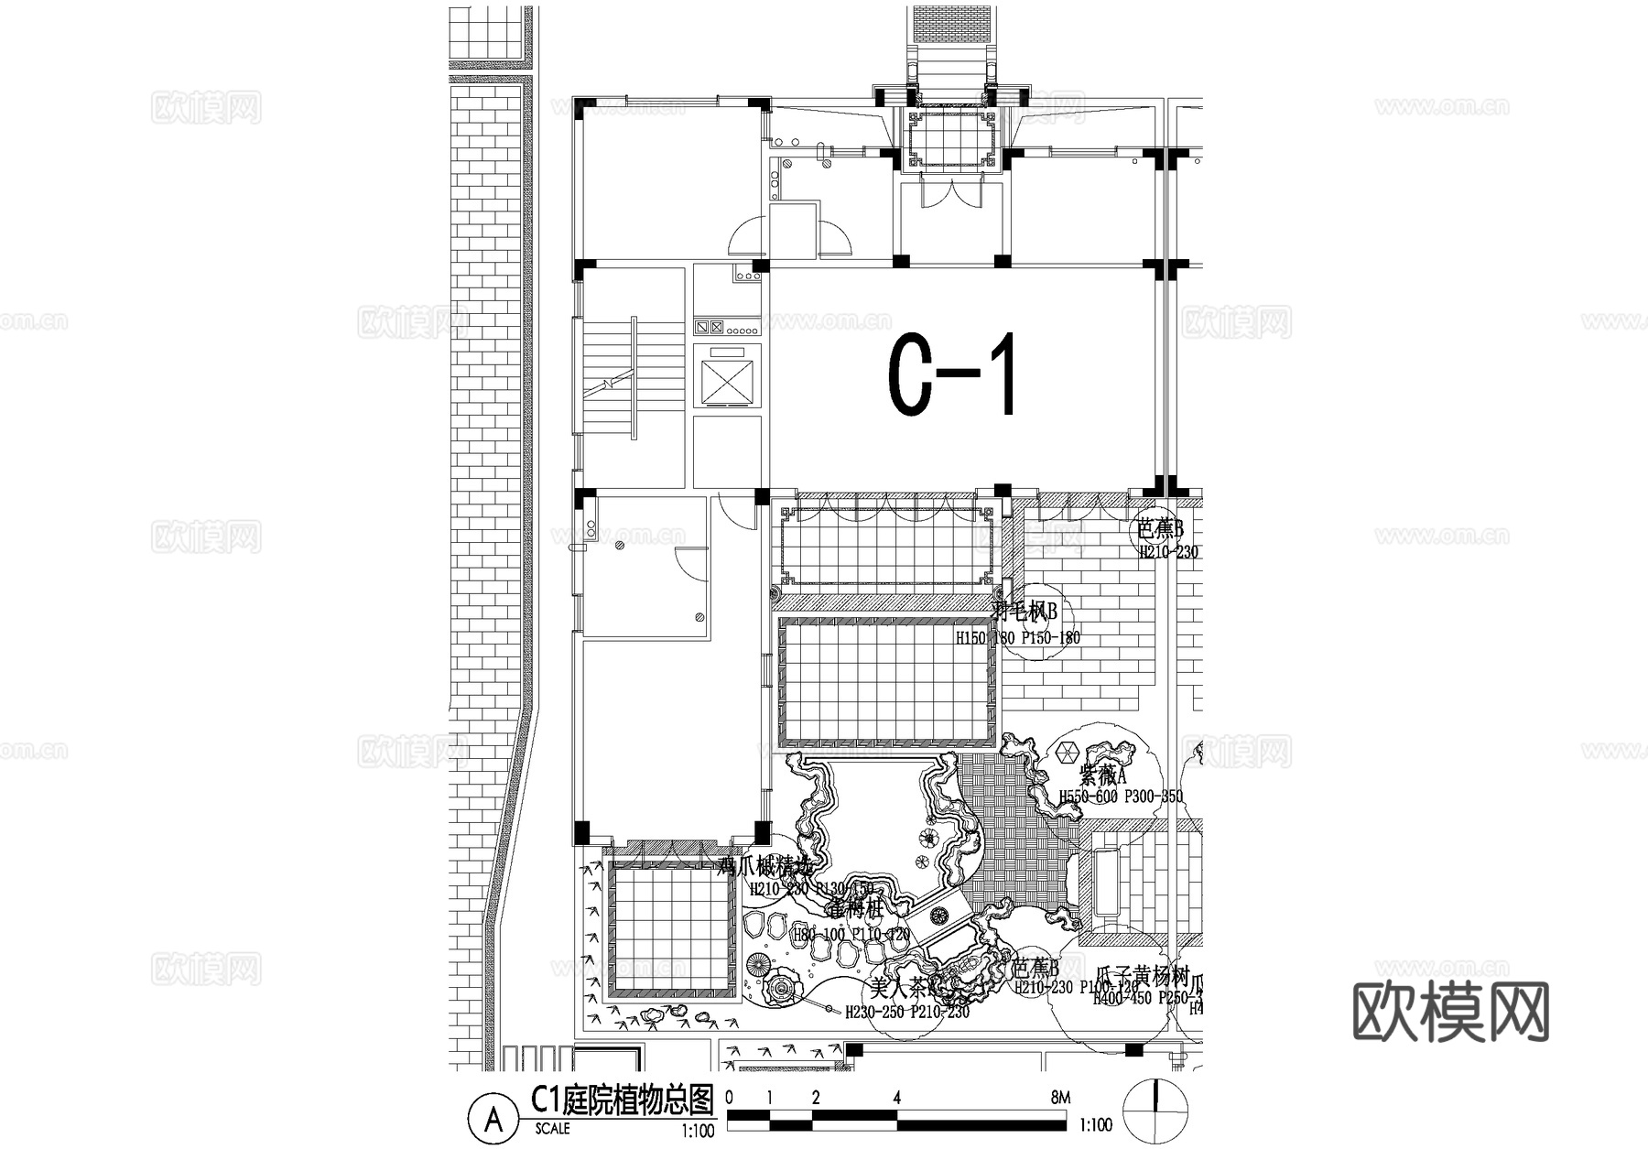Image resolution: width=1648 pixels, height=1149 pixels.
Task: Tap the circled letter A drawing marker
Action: [x=493, y=1118]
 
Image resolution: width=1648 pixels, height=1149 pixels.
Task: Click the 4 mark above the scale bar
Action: [x=897, y=1097]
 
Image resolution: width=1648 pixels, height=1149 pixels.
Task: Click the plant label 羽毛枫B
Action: [x=1026, y=611]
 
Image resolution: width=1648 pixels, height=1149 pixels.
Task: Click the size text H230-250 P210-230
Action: [x=906, y=1013]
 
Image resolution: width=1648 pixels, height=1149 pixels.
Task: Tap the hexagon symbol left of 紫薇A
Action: [x=1066, y=753]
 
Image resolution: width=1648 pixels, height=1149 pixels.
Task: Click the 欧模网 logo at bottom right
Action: [x=1451, y=1013]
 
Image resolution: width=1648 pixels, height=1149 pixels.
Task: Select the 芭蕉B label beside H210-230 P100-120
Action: [x=1035, y=969]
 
